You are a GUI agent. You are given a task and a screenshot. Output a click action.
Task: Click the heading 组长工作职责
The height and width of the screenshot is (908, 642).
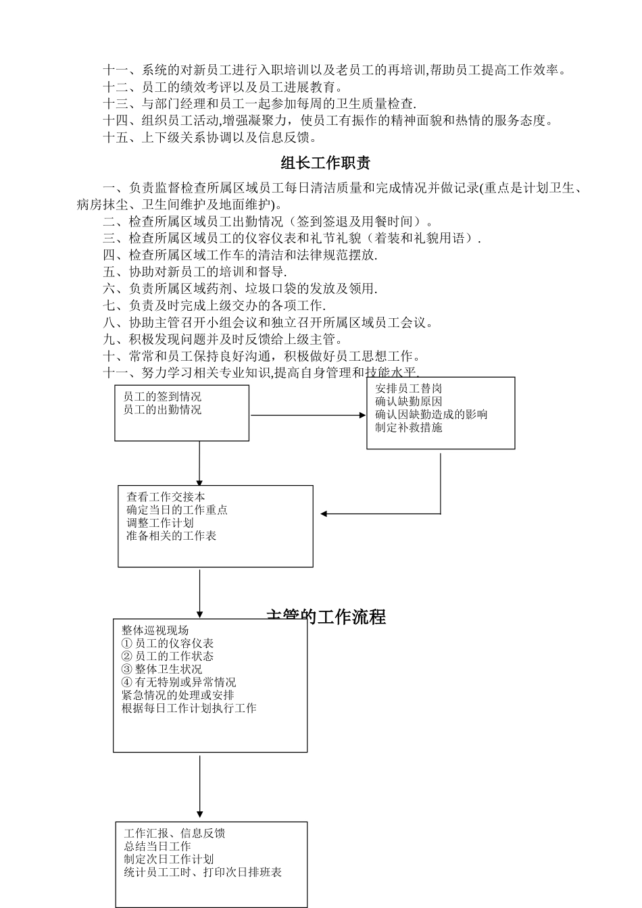tap(325, 163)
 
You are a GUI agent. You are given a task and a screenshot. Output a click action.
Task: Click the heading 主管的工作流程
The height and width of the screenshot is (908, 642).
tap(326, 616)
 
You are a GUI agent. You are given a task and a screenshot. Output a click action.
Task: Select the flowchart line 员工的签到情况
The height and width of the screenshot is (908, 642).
tap(162, 397)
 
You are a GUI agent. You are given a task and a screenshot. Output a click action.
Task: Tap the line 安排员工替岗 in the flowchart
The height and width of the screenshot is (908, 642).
tap(409, 388)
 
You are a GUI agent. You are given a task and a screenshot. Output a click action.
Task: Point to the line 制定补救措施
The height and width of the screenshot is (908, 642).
tap(409, 428)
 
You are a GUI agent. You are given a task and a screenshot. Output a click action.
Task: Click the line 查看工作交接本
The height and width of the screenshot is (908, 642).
tap(166, 497)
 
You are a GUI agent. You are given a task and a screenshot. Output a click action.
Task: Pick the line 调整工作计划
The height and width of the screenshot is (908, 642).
tap(160, 523)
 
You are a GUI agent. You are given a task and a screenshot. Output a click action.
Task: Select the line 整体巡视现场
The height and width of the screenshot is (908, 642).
tap(155, 630)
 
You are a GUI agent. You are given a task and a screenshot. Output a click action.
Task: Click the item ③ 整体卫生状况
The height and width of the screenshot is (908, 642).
tap(162, 669)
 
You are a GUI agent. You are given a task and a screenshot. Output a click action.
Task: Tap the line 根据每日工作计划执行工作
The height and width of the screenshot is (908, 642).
tap(189, 708)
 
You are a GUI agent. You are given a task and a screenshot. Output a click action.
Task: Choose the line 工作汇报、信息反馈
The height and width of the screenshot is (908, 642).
tap(174, 833)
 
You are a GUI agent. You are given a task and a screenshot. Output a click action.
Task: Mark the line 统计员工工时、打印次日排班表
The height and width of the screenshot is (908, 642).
tap(203, 872)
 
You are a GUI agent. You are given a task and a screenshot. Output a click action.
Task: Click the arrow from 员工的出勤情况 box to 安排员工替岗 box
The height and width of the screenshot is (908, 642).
tap(307, 415)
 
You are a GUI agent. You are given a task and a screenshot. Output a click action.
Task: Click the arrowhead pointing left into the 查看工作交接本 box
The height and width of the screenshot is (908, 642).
tap(324, 513)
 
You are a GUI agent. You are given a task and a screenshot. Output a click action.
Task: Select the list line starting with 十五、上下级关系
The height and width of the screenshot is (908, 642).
tap(210, 138)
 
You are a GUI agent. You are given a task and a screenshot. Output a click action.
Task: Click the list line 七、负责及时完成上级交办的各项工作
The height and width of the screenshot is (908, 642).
tap(214, 305)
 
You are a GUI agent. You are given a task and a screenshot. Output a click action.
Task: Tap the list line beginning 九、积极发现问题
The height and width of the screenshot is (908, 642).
tap(223, 339)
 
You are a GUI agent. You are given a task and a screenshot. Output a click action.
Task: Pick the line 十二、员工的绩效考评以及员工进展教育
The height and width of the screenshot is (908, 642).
tap(223, 87)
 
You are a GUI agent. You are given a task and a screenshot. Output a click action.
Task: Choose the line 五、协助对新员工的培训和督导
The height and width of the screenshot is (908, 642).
tap(195, 272)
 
